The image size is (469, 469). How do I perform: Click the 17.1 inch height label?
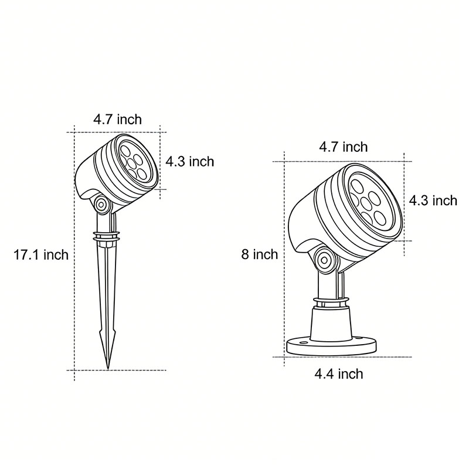(41, 254)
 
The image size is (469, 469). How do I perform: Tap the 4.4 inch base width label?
(339, 373)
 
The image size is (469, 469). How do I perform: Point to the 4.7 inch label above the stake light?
(117, 120)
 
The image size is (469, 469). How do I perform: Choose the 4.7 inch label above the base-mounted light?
(343, 147)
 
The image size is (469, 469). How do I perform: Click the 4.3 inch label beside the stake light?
(189, 161)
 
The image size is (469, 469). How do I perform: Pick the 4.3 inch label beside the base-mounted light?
(433, 200)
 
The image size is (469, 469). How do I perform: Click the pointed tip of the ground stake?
(108, 367)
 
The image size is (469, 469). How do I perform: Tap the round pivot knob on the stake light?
(101, 205)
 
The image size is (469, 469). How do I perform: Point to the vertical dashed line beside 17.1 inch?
(75, 293)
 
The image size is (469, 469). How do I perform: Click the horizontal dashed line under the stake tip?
(141, 370)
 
